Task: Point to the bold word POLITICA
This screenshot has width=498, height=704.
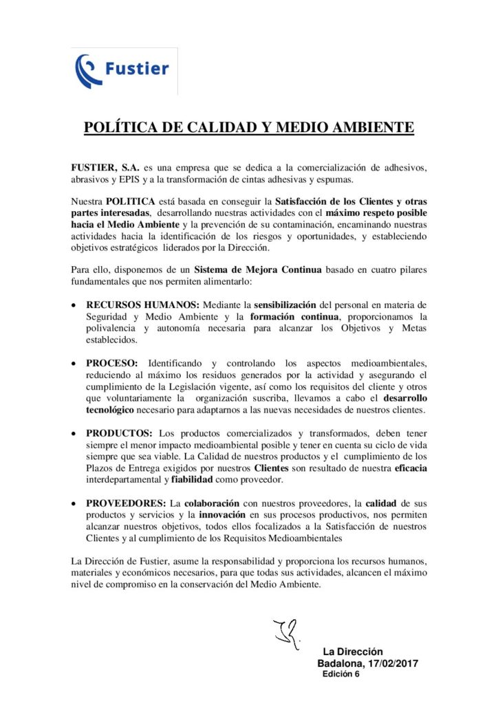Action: [130, 202]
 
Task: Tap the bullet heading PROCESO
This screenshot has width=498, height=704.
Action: [113, 363]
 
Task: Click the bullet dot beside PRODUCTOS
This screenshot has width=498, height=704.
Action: [74, 434]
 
